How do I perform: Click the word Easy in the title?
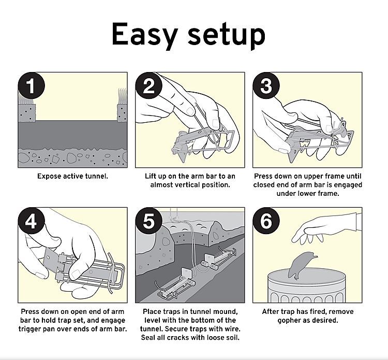click(145, 35)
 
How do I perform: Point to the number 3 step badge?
click(266, 86)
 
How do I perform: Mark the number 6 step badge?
click(266, 221)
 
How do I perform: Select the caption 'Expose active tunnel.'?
click(72, 176)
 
